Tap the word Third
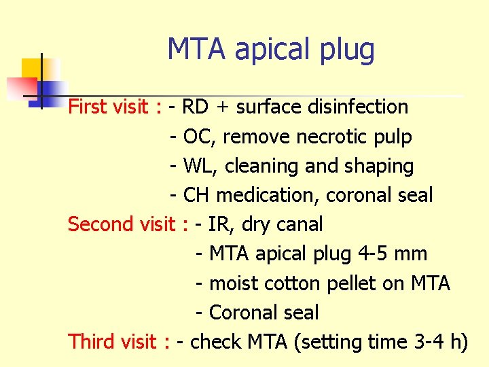(94, 341)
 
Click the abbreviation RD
(196, 107)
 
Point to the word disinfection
(358, 107)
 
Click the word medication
(268, 195)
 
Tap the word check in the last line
(216, 341)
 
